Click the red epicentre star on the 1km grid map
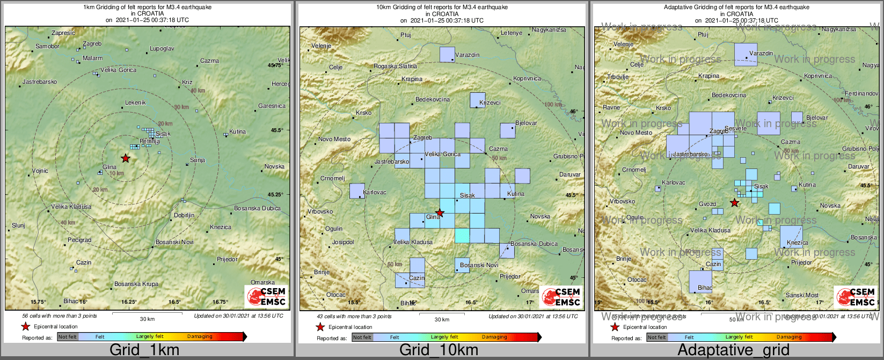126,158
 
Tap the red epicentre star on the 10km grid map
440,213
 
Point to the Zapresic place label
63,33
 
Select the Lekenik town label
135,102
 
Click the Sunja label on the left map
198,160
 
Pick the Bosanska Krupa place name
136,284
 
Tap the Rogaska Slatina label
395,67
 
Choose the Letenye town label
511,33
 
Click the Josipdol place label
343,243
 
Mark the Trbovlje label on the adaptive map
617,77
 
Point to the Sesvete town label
735,129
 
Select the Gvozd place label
707,204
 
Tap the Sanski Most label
802,295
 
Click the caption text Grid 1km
144,350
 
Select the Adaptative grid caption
733,350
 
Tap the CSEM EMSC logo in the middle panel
561,296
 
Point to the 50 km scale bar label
736,320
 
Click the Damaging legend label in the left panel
200,337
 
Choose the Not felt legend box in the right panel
657,337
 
